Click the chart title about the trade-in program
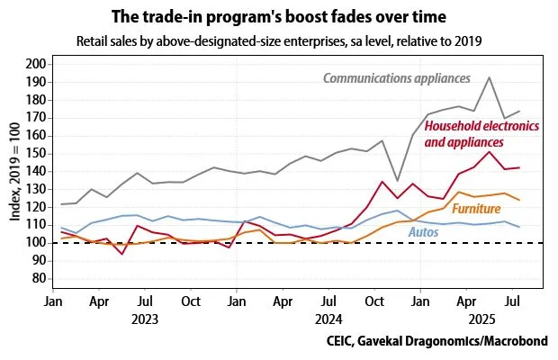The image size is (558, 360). (278, 17)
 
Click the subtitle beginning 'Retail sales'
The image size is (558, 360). (278, 41)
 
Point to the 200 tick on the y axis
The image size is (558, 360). (37, 64)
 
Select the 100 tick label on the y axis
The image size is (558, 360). (37, 242)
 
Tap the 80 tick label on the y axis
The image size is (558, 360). (40, 278)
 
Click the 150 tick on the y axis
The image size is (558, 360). (37, 153)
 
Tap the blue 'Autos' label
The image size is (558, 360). (425, 232)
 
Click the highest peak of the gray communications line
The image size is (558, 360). (489, 77)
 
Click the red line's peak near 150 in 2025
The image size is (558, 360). (489, 151)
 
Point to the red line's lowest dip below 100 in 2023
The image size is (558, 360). (121, 254)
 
